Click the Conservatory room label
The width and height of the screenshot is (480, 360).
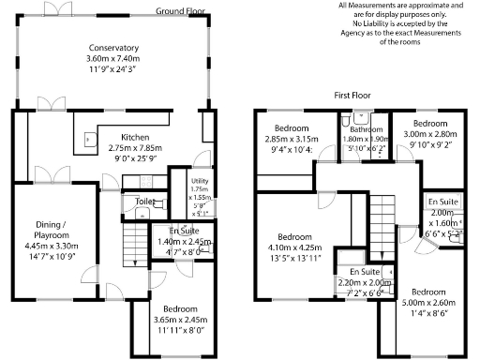[x=113, y=49]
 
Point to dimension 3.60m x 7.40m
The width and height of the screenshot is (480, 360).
[x=113, y=59]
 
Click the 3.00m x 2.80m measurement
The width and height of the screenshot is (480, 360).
[x=427, y=135]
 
